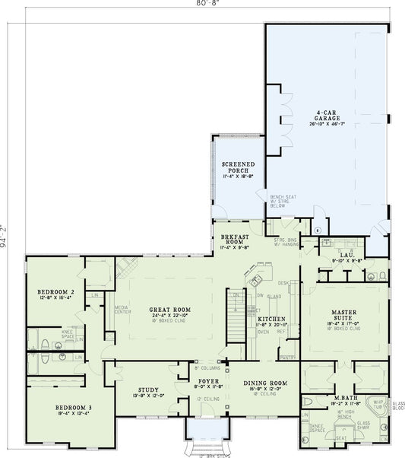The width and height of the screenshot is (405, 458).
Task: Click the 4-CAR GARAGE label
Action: [327, 117]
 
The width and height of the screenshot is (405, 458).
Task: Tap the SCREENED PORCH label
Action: [238, 167]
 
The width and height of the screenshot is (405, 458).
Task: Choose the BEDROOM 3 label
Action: [74, 409]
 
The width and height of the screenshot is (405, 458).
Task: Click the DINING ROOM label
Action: [264, 383]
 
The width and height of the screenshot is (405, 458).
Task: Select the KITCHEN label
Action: [271, 319]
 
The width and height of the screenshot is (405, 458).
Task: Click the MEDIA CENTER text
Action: [122, 311]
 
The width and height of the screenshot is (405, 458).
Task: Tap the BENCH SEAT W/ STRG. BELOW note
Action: [280, 199]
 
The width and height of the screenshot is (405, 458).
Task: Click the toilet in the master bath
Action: [307, 401]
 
